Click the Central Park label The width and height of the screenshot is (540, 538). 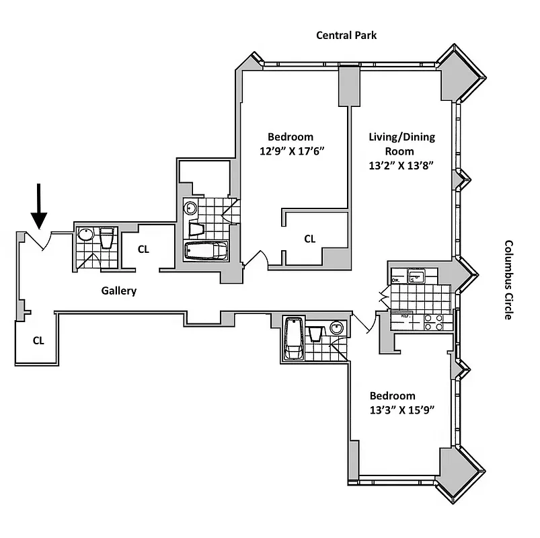[x=346, y=35]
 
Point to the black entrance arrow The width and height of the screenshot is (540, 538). [x=39, y=209]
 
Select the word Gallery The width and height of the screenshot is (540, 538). [x=119, y=291]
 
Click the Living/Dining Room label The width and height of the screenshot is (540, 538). [x=401, y=144]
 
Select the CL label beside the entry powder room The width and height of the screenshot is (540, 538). [x=143, y=249]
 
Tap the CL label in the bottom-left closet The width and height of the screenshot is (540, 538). [x=38, y=340]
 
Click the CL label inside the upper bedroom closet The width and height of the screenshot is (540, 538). [x=309, y=238]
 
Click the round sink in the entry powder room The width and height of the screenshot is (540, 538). [x=85, y=235]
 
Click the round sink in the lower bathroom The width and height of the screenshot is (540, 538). [x=338, y=328]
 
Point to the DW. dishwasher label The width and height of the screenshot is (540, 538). [x=395, y=280]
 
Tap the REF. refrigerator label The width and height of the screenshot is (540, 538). [x=406, y=315]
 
